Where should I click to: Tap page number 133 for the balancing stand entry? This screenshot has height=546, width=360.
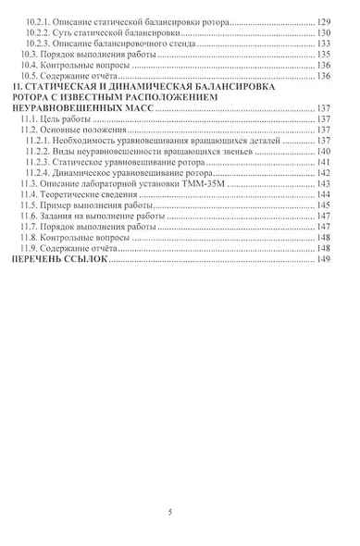pos(324,43)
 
